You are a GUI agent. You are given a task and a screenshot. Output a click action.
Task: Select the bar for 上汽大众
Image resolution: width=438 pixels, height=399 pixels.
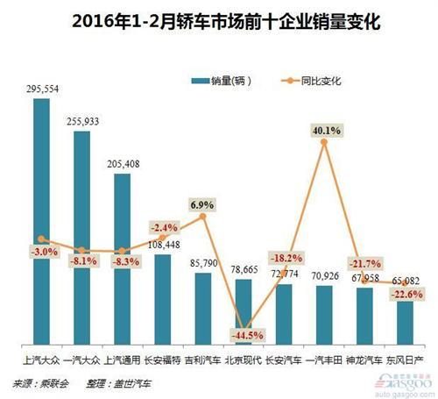coord(40,219)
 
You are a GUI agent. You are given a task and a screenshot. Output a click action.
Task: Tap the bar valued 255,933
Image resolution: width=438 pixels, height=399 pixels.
coord(81,237)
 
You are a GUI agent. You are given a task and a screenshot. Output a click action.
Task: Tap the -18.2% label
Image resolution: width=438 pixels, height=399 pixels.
coord(284,260)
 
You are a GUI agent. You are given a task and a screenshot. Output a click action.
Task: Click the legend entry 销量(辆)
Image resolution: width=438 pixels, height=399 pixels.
coord(224,81)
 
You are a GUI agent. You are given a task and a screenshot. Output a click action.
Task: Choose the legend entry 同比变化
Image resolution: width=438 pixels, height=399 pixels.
coord(311,81)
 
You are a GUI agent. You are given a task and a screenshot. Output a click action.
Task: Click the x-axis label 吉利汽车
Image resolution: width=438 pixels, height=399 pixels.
coord(202,360)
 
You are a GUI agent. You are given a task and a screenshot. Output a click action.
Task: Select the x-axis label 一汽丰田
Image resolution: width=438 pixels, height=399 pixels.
coord(325,360)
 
